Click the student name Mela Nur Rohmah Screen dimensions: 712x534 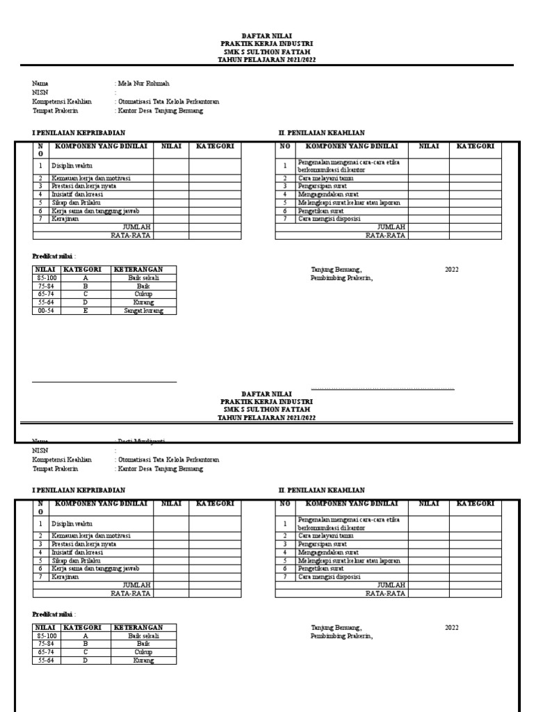coord(143,83)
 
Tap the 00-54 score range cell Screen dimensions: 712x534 coord(47,311)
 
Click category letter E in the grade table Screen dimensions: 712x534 coord(86,311)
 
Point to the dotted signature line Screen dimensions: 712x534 coord(382,388)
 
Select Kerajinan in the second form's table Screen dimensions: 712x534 coord(64,576)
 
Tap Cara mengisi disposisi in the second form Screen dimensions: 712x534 coord(329,576)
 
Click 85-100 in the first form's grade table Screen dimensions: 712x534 coord(47,277)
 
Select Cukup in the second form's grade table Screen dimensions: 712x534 coord(143,652)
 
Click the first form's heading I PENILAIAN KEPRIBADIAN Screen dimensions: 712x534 coord(79,132)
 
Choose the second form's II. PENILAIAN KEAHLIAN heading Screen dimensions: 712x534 coord(321,490)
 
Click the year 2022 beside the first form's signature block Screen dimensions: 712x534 coord(452,270)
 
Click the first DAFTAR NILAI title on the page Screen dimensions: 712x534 coord(266,35)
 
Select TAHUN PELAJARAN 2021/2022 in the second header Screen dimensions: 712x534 coord(266,418)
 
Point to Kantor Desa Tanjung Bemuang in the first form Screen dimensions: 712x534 coord(161,111)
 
